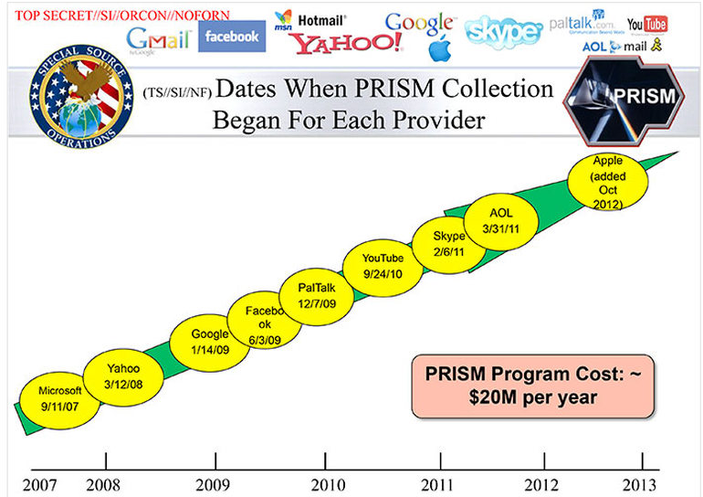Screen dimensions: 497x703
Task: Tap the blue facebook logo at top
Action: [x=232, y=36]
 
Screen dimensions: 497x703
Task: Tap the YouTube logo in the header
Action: [x=646, y=24]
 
